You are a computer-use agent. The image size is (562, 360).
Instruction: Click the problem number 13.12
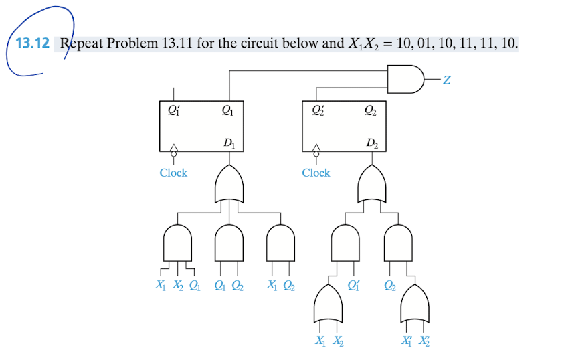pos(32,44)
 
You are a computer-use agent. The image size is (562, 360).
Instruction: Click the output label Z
pos(446,81)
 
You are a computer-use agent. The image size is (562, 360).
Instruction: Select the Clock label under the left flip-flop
pos(173,173)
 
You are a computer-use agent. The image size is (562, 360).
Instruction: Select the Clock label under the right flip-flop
pos(316,173)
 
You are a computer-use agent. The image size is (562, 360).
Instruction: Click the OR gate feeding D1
pos(229,183)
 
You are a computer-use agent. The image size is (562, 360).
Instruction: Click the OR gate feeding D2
pos(372,183)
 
